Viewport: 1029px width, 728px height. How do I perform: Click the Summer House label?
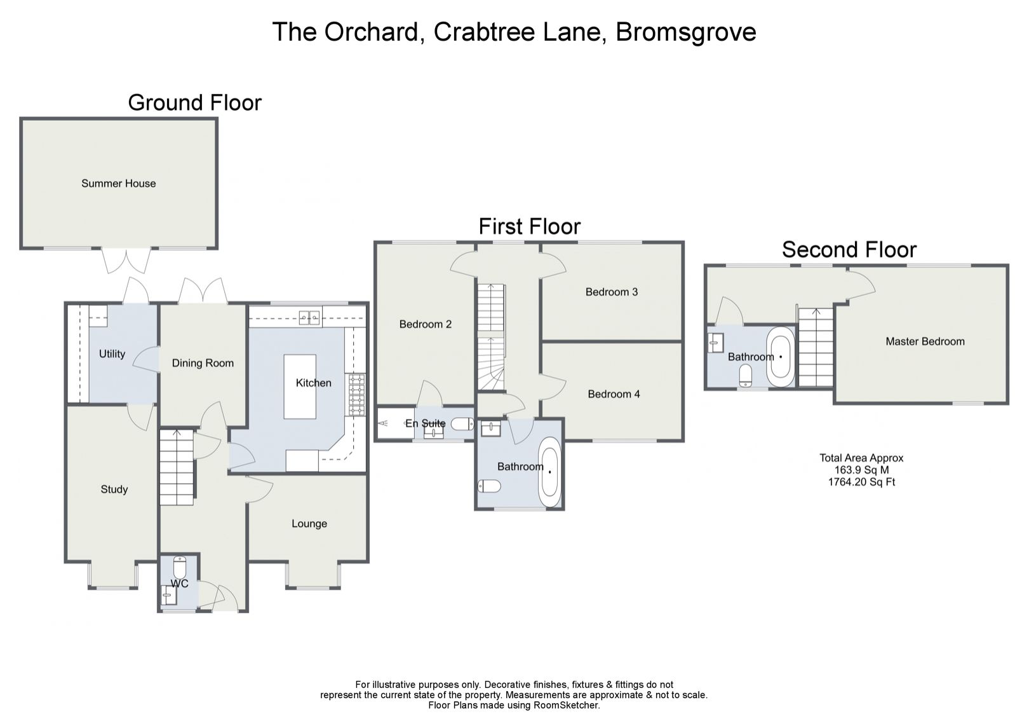coord(118,184)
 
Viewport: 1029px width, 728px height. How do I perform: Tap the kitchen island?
coord(299,387)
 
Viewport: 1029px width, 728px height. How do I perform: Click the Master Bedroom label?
coord(925,341)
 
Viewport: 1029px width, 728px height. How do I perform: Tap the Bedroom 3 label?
coord(611,292)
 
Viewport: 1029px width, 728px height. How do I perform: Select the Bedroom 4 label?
coord(614,394)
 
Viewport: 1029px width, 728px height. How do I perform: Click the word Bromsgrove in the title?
coord(685,32)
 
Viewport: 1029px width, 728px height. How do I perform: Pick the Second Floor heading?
coord(849,250)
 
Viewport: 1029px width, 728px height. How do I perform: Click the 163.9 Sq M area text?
coord(861,470)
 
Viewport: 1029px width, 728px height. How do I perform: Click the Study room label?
coord(114,490)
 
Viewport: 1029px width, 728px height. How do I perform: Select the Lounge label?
coord(309,524)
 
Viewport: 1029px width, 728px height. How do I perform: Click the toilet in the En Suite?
coord(462,424)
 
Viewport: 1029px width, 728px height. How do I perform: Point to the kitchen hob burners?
coord(355,394)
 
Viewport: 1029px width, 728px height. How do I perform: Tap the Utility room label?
coord(112,354)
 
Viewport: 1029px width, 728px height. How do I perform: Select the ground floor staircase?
coord(176,467)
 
